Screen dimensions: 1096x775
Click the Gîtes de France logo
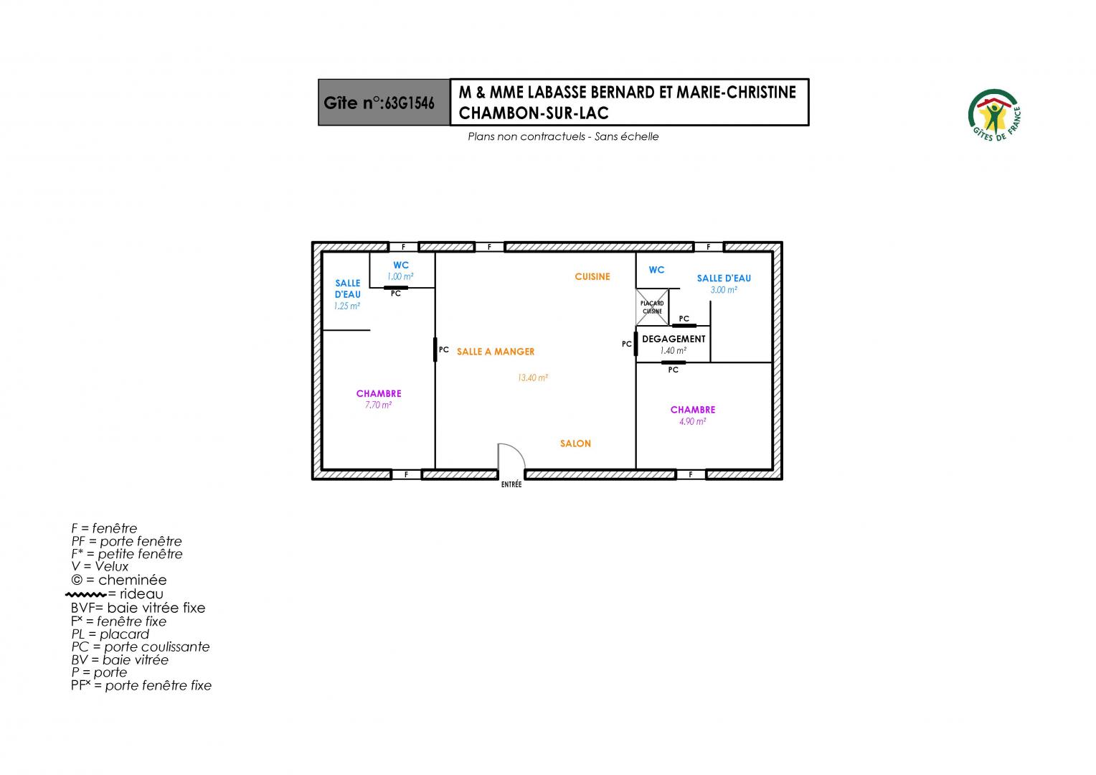994,116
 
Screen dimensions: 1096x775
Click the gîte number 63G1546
410,103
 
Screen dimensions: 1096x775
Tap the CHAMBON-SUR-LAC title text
534,113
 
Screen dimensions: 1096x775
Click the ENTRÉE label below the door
511,484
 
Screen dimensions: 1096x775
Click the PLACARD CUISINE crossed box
652,307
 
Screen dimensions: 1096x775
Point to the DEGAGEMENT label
674,339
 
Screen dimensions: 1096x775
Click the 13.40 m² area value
533,378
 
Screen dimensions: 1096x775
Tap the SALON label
575,443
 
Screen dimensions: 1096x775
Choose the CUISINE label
592,276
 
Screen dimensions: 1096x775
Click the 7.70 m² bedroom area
378,405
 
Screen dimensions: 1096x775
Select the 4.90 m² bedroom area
692,421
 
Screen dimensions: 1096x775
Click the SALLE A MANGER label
496,352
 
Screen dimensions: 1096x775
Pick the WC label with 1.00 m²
401,266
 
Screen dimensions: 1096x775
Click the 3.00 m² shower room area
724,290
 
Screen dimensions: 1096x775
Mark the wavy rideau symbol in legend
85,595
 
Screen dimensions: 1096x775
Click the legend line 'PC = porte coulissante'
141,647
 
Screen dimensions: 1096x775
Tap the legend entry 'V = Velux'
100,566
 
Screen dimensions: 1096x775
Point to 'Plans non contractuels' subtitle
526,136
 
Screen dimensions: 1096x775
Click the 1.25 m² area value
347,306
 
